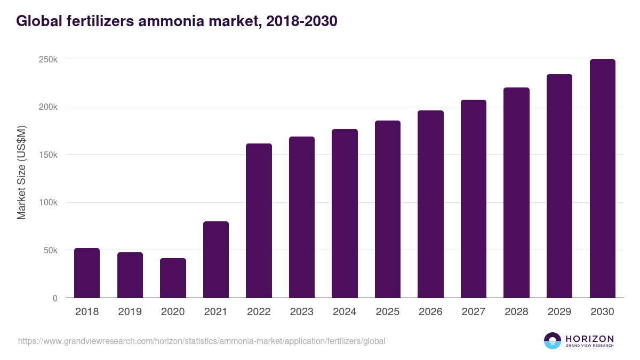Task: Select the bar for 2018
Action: click(x=87, y=273)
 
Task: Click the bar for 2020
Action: click(x=173, y=278)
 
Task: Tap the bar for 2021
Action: click(x=216, y=260)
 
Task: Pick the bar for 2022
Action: click(x=259, y=221)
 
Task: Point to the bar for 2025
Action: click(x=388, y=209)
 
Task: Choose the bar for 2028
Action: click(x=516, y=193)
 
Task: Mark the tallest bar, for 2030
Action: click(x=602, y=179)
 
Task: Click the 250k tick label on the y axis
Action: click(x=49, y=59)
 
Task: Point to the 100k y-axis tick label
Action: click(x=49, y=203)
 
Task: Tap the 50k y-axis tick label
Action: click(x=50, y=250)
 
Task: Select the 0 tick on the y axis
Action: click(x=55, y=298)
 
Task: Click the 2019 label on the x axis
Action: click(x=130, y=312)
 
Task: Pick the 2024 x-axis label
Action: click(x=345, y=312)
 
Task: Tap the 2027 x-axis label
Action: click(x=474, y=312)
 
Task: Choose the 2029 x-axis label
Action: click(x=559, y=312)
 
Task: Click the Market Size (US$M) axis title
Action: click(x=21, y=173)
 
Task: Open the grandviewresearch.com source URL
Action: click(x=202, y=341)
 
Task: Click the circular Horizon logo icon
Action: click(x=552, y=341)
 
